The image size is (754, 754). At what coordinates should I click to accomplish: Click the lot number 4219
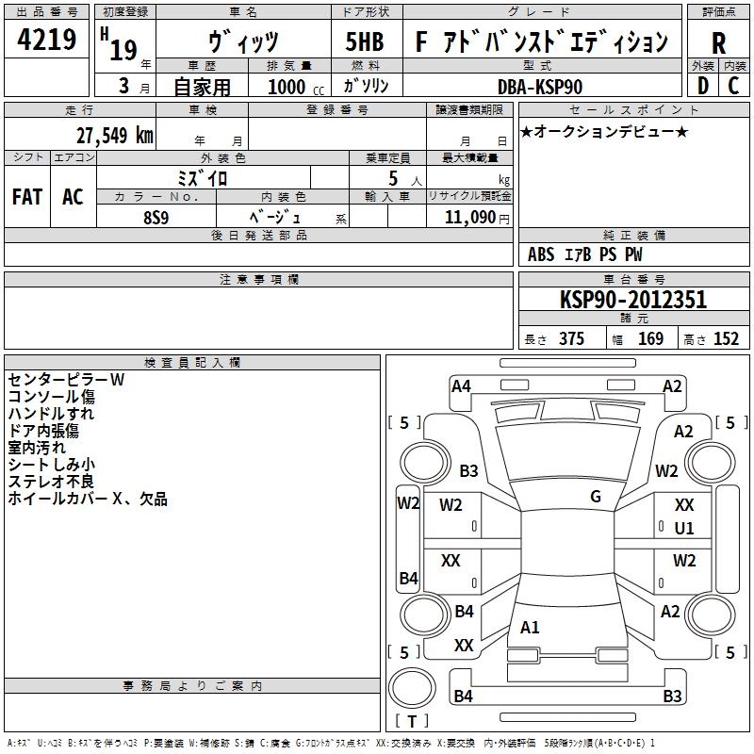46,39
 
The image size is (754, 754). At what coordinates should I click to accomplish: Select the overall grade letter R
718,43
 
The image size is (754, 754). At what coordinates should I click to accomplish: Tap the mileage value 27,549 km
114,136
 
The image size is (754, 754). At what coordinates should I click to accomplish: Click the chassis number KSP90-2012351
633,300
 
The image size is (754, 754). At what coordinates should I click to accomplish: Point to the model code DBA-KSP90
540,87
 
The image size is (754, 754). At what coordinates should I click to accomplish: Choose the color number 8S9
156,218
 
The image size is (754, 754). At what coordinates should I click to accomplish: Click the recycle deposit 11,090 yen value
477,218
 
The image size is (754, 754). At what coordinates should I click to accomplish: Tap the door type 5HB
365,41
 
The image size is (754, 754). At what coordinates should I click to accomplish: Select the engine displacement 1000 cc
296,87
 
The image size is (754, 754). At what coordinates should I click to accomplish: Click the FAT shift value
27,197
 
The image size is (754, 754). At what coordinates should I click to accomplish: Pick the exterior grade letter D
703,86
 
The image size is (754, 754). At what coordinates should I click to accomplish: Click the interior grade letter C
733,86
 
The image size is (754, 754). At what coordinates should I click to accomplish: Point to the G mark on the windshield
596,496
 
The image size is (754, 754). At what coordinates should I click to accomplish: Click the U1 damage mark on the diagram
684,528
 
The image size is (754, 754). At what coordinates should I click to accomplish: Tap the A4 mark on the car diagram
461,386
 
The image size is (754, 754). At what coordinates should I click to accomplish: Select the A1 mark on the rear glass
530,627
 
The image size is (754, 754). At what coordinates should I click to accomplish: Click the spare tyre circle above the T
412,687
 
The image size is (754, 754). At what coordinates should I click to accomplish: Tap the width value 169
650,338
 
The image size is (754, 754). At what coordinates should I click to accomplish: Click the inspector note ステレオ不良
51,482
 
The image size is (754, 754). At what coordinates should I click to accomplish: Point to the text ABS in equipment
541,254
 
